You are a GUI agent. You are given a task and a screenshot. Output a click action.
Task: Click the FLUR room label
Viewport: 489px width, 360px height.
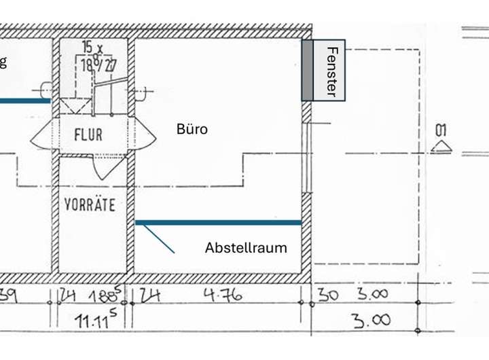point(88,134)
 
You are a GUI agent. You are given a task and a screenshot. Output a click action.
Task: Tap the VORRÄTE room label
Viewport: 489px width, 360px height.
point(90,204)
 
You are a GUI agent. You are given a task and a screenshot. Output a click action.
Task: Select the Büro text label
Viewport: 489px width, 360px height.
point(192,129)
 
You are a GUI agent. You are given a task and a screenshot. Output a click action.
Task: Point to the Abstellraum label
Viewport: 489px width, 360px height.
point(246,248)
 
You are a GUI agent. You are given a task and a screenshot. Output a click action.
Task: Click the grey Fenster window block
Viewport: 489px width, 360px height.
point(308,70)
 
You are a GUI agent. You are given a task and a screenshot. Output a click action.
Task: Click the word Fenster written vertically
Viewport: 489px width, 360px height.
point(331,71)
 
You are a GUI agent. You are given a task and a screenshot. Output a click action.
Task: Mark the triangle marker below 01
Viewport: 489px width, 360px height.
point(441,147)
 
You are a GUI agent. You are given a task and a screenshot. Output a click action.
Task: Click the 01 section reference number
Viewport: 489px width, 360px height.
point(441,130)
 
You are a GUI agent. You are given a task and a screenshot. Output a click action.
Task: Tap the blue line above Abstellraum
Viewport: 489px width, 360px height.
point(218,222)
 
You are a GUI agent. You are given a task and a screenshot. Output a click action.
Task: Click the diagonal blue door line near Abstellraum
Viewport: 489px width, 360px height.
point(159,239)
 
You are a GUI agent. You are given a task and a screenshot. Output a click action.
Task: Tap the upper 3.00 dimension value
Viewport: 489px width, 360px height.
point(372,294)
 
